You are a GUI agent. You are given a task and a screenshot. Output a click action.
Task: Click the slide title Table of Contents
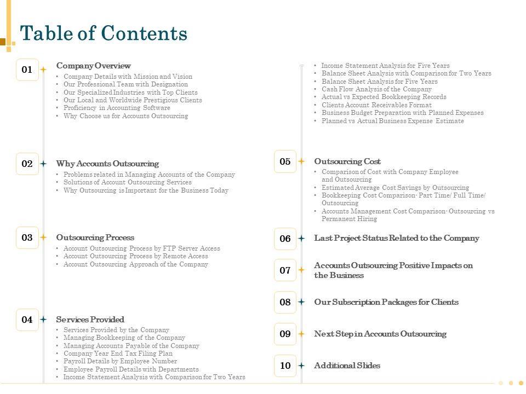coord(104,34)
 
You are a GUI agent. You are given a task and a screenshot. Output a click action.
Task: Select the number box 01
coord(27,69)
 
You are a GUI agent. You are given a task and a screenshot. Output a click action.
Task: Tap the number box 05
coord(285,161)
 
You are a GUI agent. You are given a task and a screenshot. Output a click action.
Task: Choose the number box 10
coord(285,366)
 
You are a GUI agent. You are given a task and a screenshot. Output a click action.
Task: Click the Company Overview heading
coord(93,66)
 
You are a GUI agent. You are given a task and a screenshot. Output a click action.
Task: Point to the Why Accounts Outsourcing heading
coord(107,164)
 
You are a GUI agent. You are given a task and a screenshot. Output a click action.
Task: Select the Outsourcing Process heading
coord(95,237)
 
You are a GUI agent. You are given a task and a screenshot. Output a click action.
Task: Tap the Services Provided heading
coord(90,320)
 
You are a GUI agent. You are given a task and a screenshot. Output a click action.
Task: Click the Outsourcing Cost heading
coord(347,161)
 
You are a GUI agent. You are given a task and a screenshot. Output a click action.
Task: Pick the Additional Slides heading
coord(347,366)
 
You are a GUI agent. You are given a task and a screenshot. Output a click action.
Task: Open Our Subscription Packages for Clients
coord(386,302)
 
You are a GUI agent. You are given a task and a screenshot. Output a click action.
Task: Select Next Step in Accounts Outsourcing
coord(380,334)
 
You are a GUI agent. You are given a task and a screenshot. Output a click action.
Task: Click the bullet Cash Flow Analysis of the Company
coord(376,89)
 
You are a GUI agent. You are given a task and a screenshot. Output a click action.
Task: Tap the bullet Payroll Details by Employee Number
coord(120,361)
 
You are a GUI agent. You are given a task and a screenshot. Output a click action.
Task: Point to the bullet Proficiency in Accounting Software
coord(117,108)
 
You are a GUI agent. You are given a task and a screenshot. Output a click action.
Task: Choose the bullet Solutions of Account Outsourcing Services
coord(127,182)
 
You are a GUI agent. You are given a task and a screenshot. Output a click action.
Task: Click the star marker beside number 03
coord(44,237)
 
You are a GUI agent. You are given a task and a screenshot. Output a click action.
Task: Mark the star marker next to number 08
coord(301,302)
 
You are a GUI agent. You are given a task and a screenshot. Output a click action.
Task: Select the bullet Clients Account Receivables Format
coord(376,105)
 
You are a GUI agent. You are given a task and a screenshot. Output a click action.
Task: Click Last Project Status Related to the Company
coord(396,238)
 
